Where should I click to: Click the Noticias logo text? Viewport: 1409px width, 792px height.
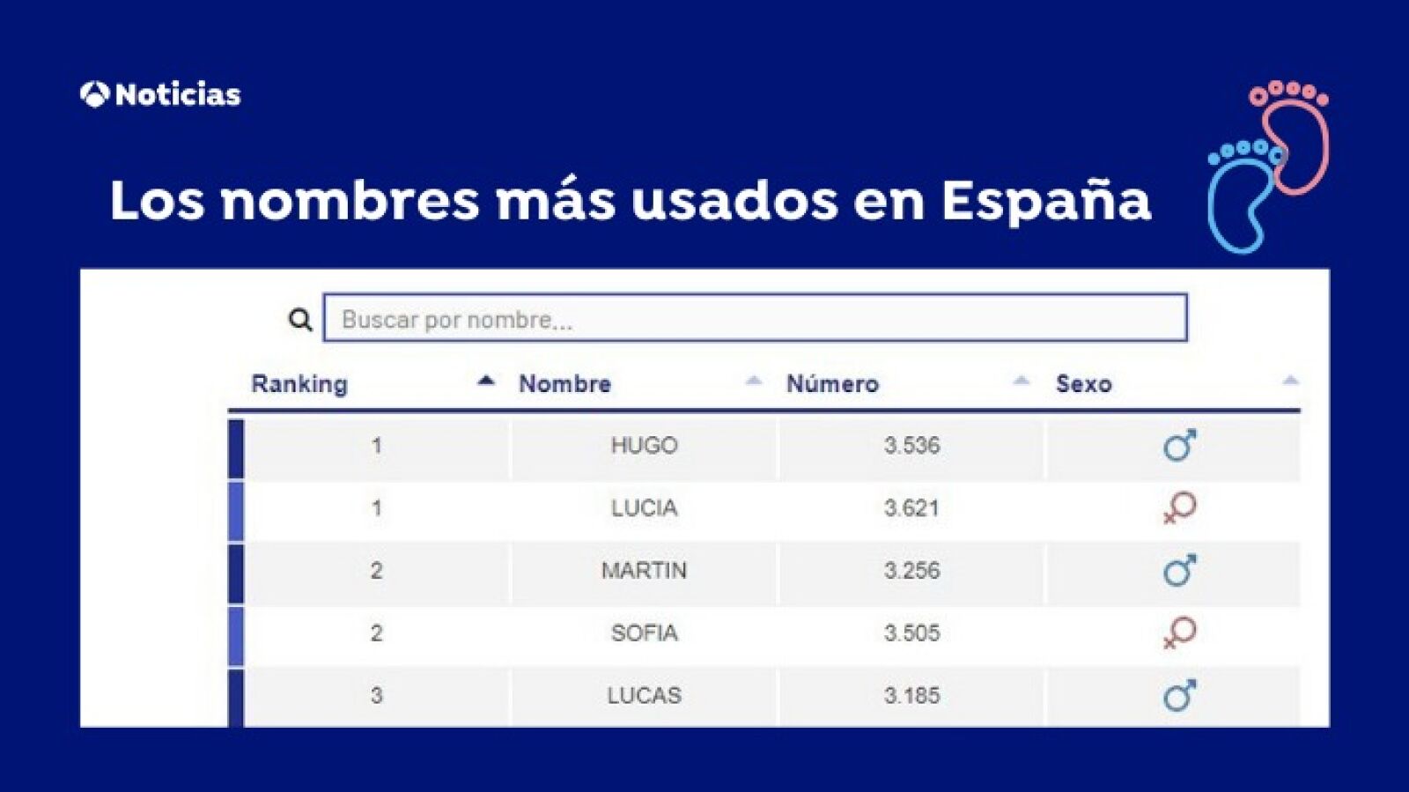coord(176,94)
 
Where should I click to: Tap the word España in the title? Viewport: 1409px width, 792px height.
coord(1045,201)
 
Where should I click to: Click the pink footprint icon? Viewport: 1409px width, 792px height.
coord(1294,132)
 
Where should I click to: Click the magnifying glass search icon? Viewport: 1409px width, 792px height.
coord(300,320)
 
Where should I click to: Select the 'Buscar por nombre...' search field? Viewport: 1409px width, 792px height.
coord(755,318)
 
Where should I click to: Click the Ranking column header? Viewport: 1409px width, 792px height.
coord(299,384)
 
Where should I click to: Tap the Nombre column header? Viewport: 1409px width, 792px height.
coord(564,384)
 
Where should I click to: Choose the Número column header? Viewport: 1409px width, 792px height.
coord(832,384)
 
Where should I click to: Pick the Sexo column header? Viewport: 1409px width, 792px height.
coord(1083,384)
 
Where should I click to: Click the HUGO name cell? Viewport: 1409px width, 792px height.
coord(644,446)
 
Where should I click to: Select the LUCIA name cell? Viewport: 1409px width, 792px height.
coord(644,508)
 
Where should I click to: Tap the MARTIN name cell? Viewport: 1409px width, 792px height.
coord(644,571)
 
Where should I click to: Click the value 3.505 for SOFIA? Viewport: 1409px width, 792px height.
coord(911,633)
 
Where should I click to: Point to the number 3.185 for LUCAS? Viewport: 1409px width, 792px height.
coord(911,696)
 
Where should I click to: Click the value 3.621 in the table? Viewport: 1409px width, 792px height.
coord(911,508)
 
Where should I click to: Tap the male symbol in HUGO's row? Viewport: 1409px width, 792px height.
coord(1179,446)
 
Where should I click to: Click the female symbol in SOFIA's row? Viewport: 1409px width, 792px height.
coord(1179,633)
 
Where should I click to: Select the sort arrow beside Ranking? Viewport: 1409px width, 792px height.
coord(485,381)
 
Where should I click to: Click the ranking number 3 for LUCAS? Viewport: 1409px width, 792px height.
coord(376,696)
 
